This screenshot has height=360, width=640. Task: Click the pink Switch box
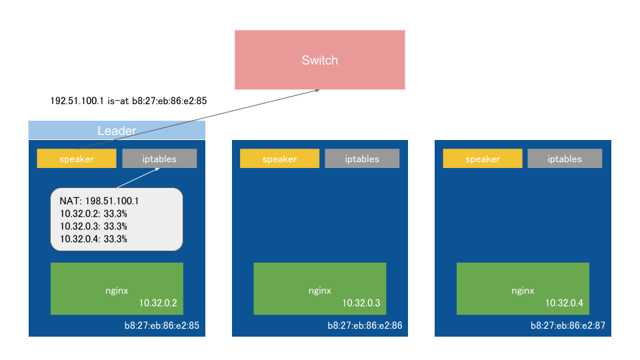point(319,59)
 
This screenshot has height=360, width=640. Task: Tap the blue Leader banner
point(117,130)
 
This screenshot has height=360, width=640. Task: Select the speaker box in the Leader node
point(76,159)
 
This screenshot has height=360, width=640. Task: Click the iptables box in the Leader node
point(159,159)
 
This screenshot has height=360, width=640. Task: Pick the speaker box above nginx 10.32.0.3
point(279,159)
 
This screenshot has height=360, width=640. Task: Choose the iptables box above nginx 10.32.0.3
point(362,159)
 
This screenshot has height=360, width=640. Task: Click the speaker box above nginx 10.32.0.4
point(482,159)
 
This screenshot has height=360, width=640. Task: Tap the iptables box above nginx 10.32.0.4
point(565,159)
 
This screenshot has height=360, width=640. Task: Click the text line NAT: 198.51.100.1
point(99,201)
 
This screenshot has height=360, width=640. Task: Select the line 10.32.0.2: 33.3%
point(93,213)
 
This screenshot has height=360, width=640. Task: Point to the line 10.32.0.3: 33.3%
point(93,226)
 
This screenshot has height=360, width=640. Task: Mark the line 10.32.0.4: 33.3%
point(93,239)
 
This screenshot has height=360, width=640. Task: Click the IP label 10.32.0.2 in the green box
point(158,303)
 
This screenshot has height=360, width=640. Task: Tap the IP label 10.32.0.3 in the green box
point(361,303)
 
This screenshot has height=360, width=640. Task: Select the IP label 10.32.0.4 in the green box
point(564,303)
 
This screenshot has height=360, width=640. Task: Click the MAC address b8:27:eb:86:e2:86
point(365,326)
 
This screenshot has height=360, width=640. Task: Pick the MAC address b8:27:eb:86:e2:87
point(567,326)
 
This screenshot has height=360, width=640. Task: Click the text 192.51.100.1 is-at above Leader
point(90,101)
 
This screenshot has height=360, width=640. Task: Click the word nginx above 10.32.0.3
point(319,291)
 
